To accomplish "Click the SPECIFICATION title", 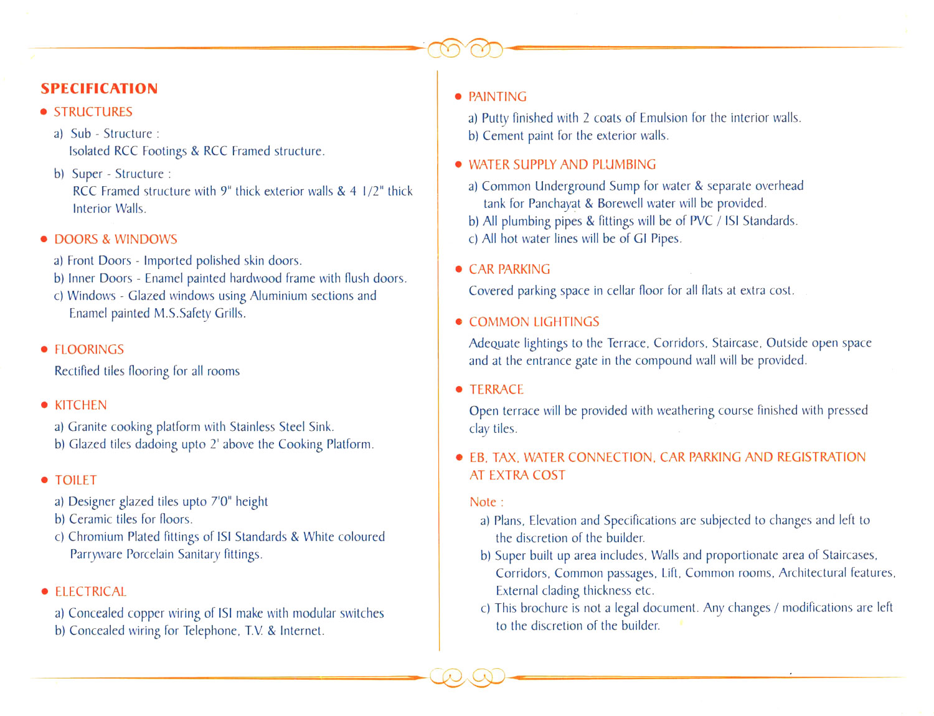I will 99,88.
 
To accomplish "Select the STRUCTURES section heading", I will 93,112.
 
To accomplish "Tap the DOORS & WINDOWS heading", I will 115,240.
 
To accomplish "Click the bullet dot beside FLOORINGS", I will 44,350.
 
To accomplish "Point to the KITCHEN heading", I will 80,405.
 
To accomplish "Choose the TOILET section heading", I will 75,481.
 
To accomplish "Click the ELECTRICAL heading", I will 90,591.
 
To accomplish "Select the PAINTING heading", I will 497,97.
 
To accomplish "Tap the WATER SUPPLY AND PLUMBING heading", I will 562,164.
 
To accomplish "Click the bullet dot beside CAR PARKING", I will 459,270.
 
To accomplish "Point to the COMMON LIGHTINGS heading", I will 534,322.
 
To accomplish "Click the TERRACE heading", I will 496,390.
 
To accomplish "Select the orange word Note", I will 483,502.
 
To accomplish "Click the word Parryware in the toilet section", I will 96,554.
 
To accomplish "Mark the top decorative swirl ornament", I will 465,48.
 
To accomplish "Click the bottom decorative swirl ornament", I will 466,677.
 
